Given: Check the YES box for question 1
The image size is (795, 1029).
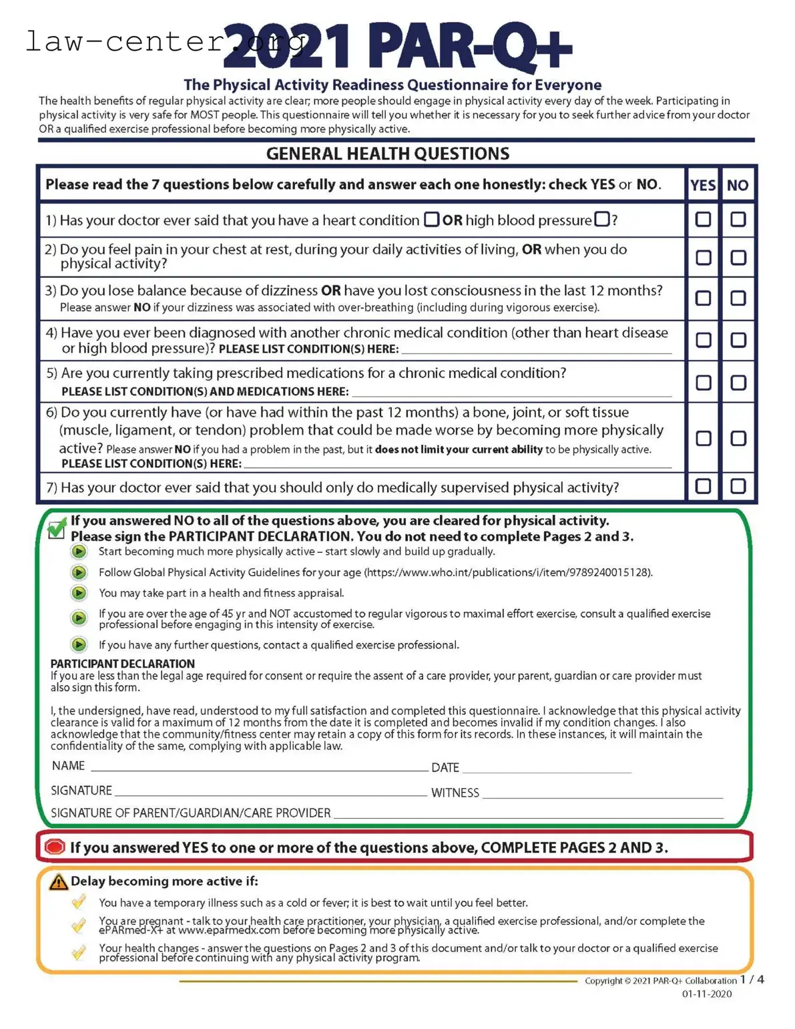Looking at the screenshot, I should click(x=703, y=219).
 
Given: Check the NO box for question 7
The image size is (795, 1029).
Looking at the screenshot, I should click(x=738, y=485).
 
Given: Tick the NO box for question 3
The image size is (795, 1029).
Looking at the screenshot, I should click(x=738, y=298).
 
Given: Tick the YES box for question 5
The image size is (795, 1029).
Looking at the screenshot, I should click(x=703, y=383).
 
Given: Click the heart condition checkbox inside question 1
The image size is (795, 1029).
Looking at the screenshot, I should click(x=432, y=219).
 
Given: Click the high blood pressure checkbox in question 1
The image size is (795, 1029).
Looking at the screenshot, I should click(x=601, y=219).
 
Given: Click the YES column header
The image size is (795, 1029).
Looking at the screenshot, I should click(x=703, y=185).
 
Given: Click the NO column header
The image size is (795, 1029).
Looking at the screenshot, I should click(x=738, y=185).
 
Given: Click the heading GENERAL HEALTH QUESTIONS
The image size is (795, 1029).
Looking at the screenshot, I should click(x=387, y=154).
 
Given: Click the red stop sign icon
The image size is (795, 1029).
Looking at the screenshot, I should click(x=54, y=847).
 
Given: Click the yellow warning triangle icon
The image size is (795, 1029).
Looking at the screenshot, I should click(x=59, y=882).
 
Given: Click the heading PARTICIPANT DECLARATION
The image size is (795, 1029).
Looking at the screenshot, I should click(x=123, y=664).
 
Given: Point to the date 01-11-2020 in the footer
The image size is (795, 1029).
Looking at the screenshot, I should click(x=706, y=994).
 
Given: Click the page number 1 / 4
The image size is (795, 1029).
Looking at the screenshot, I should click(x=752, y=980).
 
